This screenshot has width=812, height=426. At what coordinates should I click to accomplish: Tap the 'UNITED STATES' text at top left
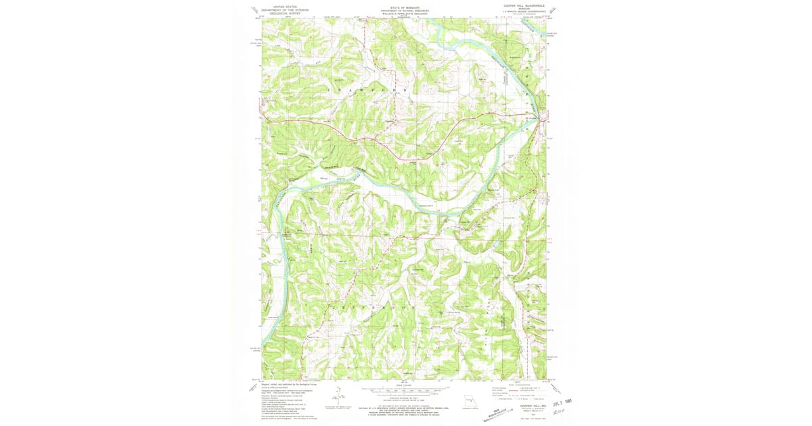(x=285, y=5)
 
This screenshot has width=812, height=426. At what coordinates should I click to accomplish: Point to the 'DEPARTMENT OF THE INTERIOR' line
(x=285, y=9)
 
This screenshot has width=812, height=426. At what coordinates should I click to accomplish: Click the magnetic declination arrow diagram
(x=338, y=398)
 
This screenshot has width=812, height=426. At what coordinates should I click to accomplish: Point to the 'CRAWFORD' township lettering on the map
(x=368, y=90)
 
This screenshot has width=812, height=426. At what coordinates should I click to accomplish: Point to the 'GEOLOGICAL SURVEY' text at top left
(x=285, y=13)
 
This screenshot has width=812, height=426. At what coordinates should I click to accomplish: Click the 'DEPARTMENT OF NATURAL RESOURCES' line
(x=405, y=11)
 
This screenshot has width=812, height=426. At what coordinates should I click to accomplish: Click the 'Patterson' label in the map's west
(x=281, y=154)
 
